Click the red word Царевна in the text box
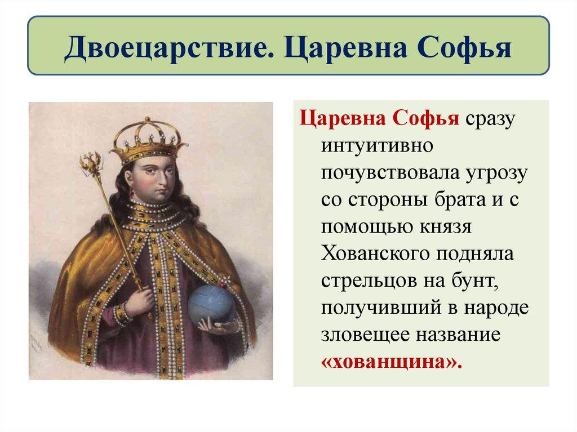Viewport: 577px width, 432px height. pos(336,120)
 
